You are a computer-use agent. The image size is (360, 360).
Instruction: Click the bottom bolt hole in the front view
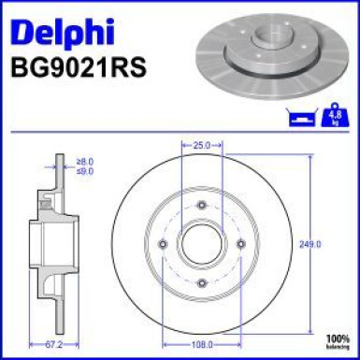202,282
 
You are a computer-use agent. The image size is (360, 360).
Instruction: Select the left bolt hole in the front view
163,243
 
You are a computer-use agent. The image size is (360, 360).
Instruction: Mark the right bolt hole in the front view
241,243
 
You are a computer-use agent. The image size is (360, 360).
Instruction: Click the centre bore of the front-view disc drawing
202,243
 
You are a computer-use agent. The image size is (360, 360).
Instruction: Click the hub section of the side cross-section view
45,243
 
